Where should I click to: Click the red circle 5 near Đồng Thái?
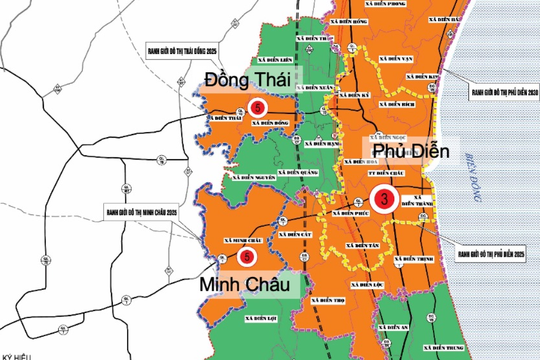259,107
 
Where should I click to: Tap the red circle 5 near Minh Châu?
244,256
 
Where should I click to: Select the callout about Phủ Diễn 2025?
489,252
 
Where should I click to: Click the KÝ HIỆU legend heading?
18,353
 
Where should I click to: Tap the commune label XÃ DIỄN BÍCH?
402,104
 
